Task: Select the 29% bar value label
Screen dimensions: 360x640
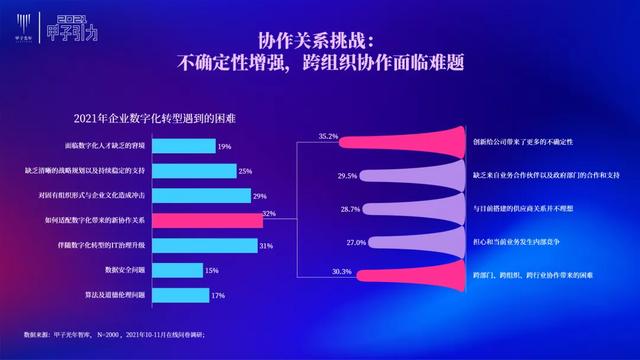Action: coord(259,196)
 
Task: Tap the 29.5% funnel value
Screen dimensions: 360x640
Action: coord(347,176)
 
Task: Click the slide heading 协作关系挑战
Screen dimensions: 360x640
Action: coord(316,41)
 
